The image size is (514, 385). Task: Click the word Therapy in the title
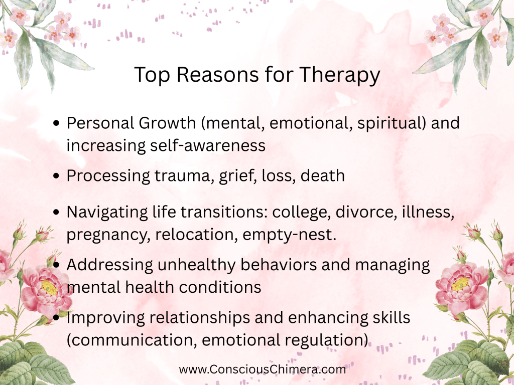[339, 75]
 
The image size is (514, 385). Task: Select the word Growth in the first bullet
[167, 123]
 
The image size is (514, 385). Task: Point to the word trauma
[182, 176]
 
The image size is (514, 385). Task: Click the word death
[323, 175]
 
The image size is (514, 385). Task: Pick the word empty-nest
[290, 235]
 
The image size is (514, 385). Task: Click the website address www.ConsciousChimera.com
[262, 369]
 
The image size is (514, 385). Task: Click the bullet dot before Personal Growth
[56, 123]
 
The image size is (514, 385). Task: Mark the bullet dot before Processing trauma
[56, 176]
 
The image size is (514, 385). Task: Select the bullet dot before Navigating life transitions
[56, 212]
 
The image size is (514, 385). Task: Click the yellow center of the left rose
[49, 287]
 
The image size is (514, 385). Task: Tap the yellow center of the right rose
[461, 284]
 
